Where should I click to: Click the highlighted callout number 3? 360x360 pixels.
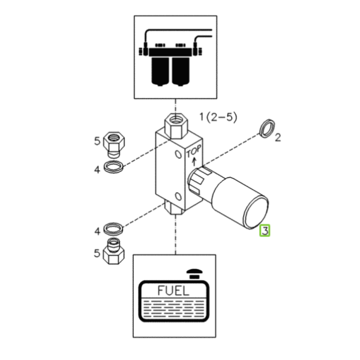click(265, 231)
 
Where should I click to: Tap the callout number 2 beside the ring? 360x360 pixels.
click(278, 137)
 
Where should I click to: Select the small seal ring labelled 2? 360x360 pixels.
click(267, 128)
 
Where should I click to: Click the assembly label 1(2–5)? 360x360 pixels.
click(218, 118)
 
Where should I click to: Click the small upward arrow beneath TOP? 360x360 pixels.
click(194, 161)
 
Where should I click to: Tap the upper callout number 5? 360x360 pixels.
click(97, 141)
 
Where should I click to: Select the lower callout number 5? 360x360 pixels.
click(97, 253)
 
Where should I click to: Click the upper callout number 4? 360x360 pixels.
click(97, 170)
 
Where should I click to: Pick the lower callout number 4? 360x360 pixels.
click(97, 231)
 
